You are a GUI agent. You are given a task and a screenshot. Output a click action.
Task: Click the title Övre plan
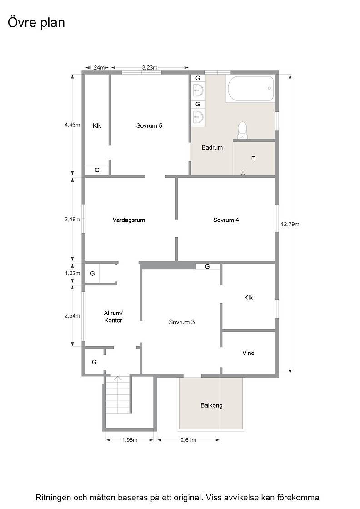pyautogui.click(x=36, y=23)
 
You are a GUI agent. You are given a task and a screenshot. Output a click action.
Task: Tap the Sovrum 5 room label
pyautogui.click(x=149, y=125)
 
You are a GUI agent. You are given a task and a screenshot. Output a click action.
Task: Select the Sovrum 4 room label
pyautogui.click(x=226, y=220)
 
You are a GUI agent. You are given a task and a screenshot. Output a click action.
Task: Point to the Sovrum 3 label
pyautogui.click(x=181, y=322)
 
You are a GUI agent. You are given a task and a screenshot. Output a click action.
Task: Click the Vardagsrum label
pyautogui.click(x=129, y=220)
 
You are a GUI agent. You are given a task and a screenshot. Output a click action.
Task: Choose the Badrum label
pyautogui.click(x=212, y=147)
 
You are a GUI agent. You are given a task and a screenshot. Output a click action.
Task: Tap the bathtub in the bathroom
pyautogui.click(x=250, y=88)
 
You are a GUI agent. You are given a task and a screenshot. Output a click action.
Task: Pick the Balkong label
pyautogui.click(x=211, y=405)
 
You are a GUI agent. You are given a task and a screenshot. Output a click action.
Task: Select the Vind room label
pyautogui.click(x=248, y=353)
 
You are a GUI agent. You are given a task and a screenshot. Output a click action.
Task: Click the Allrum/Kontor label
pyautogui.click(x=113, y=317)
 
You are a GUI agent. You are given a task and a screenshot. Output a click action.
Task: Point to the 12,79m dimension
pyautogui.click(x=290, y=224)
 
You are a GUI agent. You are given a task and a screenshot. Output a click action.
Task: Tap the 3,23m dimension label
pyautogui.click(x=150, y=68)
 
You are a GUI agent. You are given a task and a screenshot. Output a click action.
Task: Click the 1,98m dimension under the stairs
pyautogui.click(x=130, y=440)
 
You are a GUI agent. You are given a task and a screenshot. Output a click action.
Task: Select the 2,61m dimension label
pyautogui.click(x=188, y=440)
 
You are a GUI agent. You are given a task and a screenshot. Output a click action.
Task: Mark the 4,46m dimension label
pyautogui.click(x=72, y=125)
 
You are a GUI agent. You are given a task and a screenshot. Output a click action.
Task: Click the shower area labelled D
pyautogui.click(x=254, y=159)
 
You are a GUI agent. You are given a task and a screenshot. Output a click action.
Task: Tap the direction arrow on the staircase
pyautogui.click(x=118, y=379)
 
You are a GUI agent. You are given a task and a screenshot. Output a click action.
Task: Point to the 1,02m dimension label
pyautogui.click(x=72, y=273)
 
